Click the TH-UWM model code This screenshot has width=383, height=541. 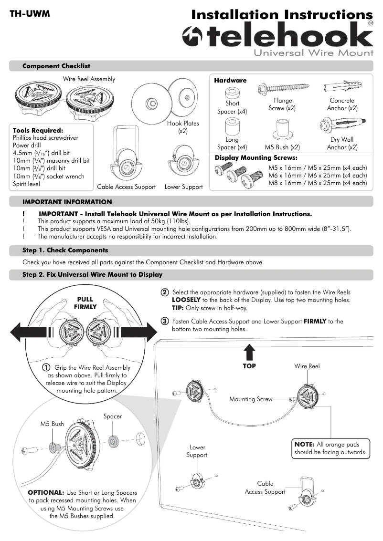click(x=30, y=14)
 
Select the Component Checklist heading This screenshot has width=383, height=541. click(x=56, y=66)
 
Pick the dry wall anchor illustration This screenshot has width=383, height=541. click(x=341, y=126)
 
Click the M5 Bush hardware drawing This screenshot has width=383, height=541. click(x=282, y=128)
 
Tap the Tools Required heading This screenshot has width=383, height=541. click(x=38, y=130)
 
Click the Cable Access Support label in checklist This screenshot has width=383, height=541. click(x=126, y=187)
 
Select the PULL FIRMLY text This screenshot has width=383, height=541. click(x=85, y=303)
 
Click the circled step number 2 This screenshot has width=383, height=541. click(x=164, y=292)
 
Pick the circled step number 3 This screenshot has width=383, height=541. click(x=164, y=321)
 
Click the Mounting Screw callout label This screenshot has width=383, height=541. click(x=250, y=399)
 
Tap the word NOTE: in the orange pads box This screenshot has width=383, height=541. click(x=305, y=444)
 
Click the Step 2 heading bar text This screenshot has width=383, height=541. click(x=92, y=275)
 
